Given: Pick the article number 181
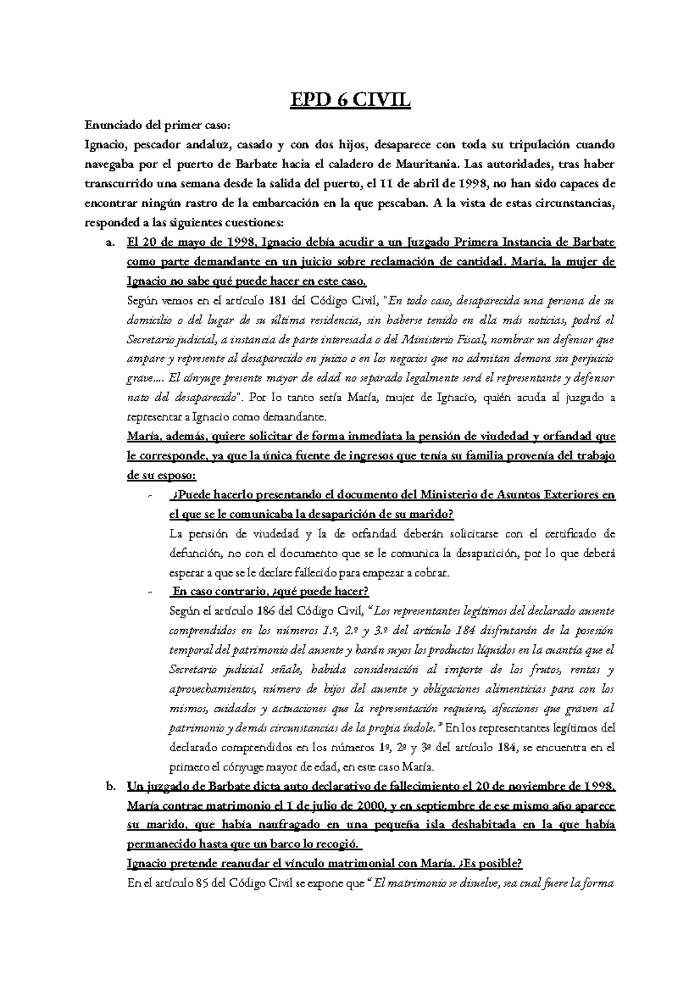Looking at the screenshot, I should click(x=278, y=301).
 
